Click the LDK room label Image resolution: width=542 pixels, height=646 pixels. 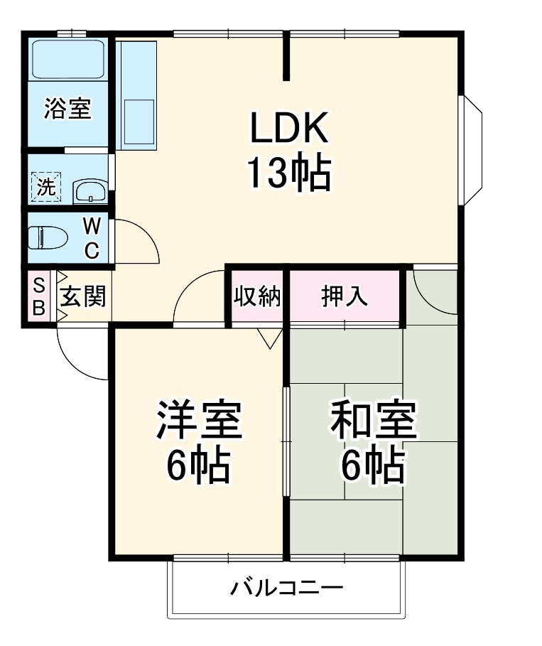tap(288, 129)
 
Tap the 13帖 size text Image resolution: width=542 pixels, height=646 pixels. tap(288, 173)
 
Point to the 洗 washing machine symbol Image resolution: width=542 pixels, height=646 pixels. tap(46, 188)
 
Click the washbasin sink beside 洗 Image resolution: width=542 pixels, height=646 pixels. tap(90, 190)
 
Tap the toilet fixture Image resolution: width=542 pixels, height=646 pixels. tap(46, 236)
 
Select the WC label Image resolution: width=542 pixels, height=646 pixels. tap(92, 238)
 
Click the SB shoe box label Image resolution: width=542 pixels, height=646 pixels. tap(39, 297)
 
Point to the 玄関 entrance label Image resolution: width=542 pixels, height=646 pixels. tap(82, 297)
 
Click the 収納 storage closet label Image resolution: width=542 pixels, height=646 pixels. tap(257, 296)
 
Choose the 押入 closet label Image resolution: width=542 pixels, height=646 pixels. tap(345, 296)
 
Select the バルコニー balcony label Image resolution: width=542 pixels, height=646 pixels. tap(287, 588)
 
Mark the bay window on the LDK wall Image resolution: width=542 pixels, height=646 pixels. tap(473, 151)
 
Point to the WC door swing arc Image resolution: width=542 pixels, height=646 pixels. tap(139, 242)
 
